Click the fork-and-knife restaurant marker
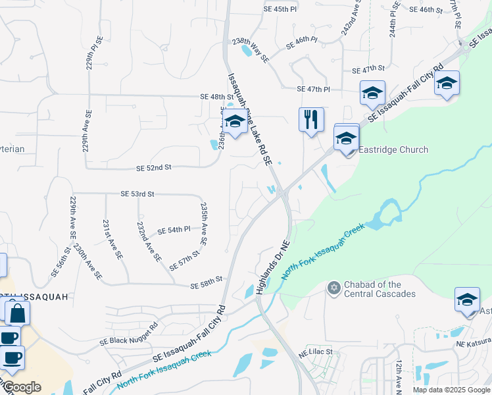(311, 120)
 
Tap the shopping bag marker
(17, 313)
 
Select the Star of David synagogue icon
(333, 288)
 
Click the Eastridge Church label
(393, 149)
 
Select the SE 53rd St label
(137, 194)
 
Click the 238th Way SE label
(251, 49)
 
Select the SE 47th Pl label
(313, 89)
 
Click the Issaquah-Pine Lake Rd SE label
(249, 118)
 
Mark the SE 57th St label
(184, 261)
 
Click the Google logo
(22, 387)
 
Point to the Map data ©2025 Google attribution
(451, 390)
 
